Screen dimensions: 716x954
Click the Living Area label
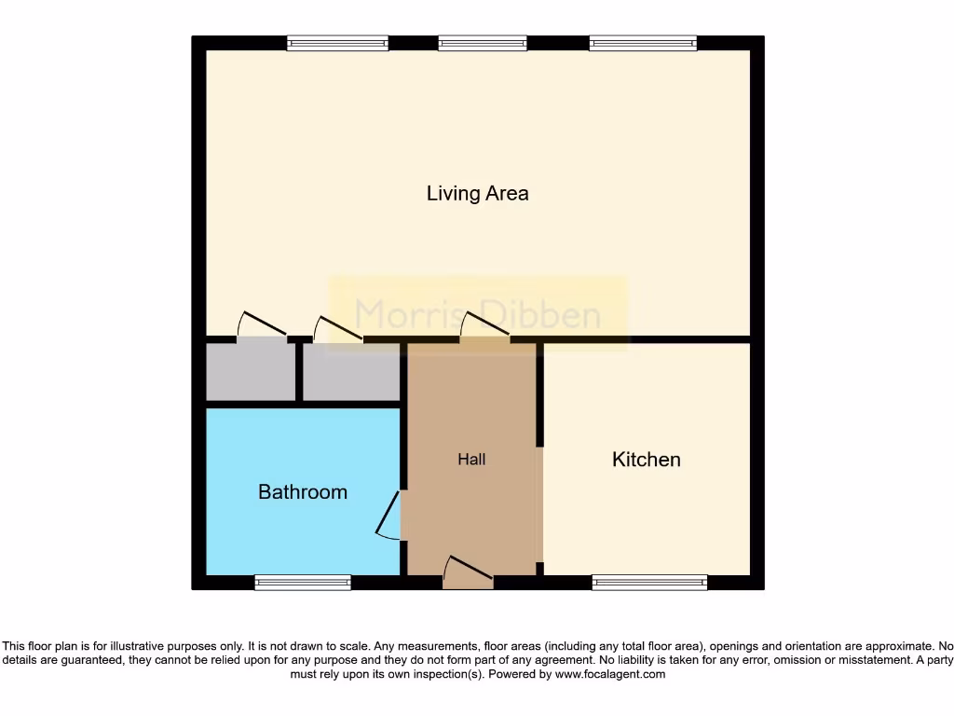click(477, 193)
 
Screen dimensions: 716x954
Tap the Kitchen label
click(646, 460)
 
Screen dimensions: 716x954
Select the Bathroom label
click(303, 491)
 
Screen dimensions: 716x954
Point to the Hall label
click(471, 460)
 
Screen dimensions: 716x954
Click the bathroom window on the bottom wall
click(303, 583)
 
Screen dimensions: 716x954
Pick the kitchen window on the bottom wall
click(649, 583)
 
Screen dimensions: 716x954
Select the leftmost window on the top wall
click(337, 43)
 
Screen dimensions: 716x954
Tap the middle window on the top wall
click(483, 43)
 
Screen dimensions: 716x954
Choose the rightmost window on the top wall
click(643, 43)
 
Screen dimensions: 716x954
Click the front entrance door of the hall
click(469, 573)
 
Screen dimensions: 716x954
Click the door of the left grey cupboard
click(263, 328)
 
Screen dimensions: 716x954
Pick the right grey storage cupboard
click(350, 372)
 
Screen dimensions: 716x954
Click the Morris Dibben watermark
click(478, 313)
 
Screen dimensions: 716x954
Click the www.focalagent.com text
click(610, 674)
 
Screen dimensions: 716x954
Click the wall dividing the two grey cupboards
click(299, 372)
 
